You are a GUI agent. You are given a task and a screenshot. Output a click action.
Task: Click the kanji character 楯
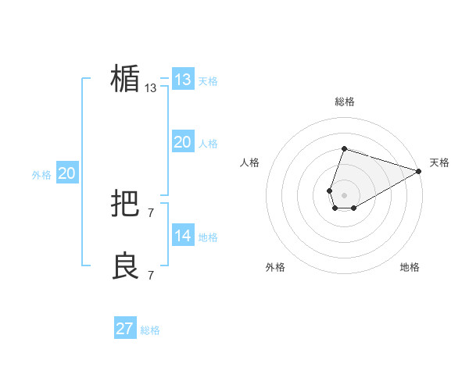click(x=125, y=79)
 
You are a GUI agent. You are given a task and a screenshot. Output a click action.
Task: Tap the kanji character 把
click(x=125, y=205)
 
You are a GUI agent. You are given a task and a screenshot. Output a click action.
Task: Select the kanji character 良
click(x=125, y=267)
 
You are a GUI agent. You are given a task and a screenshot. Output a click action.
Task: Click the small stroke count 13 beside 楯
click(x=151, y=88)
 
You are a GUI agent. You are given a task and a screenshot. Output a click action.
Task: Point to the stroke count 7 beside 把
click(x=151, y=212)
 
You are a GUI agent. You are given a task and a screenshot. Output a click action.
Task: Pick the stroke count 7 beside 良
click(x=151, y=275)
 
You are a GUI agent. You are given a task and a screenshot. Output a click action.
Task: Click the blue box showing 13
click(x=182, y=80)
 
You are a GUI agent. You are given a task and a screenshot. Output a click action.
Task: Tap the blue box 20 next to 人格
click(x=182, y=142)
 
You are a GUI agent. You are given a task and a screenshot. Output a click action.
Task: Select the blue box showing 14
click(x=182, y=236)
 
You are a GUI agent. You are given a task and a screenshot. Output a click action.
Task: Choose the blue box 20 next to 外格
click(x=66, y=173)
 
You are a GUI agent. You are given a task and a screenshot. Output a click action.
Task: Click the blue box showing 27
click(x=125, y=329)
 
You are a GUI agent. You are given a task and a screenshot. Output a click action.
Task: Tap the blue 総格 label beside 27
click(x=150, y=330)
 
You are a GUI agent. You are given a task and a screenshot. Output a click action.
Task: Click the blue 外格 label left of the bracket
click(x=41, y=175)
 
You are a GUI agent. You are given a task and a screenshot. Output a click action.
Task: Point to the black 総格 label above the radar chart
click(x=344, y=102)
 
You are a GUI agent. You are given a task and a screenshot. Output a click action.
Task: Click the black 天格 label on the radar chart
click(x=439, y=162)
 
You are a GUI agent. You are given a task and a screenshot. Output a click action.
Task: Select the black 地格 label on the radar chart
click(x=410, y=267)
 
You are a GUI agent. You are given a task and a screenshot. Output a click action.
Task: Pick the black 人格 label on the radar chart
click(x=250, y=162)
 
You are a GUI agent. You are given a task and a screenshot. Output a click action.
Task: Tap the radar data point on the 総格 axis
click(x=344, y=149)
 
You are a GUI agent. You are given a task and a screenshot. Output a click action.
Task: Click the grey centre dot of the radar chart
click(x=344, y=194)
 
